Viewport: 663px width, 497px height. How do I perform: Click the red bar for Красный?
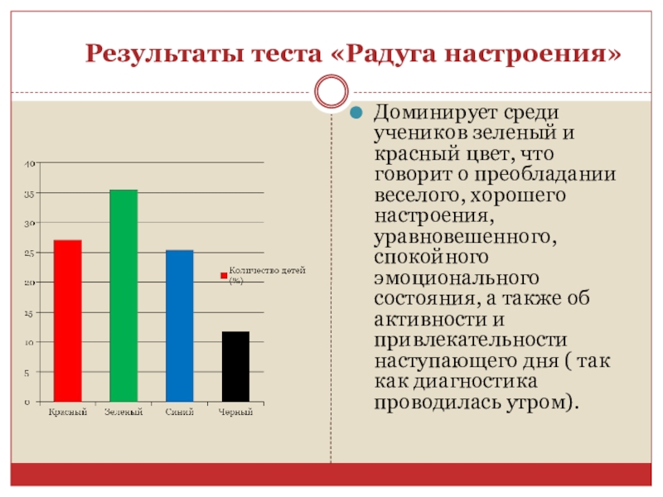(68, 321)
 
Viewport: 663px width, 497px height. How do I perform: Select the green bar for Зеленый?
(123, 296)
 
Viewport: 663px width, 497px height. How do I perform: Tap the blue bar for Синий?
(179, 326)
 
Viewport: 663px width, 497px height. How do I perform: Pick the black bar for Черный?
(235, 366)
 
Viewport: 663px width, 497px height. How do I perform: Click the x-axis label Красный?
(67, 412)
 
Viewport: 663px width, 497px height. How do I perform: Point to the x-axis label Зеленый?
(123, 412)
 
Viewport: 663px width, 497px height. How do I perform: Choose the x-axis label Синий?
(179, 412)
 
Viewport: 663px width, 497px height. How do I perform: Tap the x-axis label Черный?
(235, 412)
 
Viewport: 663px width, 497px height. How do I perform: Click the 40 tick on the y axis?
(30, 164)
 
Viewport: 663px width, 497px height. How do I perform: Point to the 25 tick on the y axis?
(30, 253)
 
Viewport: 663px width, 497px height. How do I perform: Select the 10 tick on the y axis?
(30, 343)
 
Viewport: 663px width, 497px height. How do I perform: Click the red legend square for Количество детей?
(223, 275)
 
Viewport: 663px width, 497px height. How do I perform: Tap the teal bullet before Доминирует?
(358, 113)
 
